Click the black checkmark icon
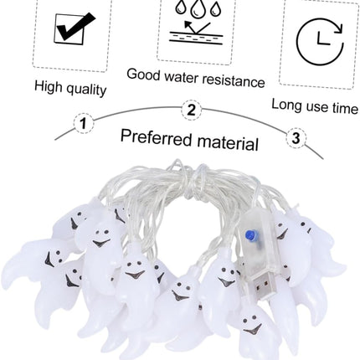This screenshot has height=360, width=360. click(x=73, y=28)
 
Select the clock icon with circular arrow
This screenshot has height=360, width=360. click(x=320, y=42)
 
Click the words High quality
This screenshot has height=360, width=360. click(x=70, y=88)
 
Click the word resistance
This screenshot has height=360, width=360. click(x=234, y=80)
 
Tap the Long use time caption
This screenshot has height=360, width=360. click(x=315, y=106)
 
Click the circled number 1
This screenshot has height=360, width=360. click(x=84, y=123)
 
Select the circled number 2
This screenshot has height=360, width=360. click(x=192, y=111)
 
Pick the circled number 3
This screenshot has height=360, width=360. click(x=296, y=137)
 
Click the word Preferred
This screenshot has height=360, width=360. click(x=157, y=137)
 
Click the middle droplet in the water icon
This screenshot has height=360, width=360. click(x=197, y=9)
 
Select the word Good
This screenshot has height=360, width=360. click(x=144, y=75)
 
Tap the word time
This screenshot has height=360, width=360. click(x=345, y=108)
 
